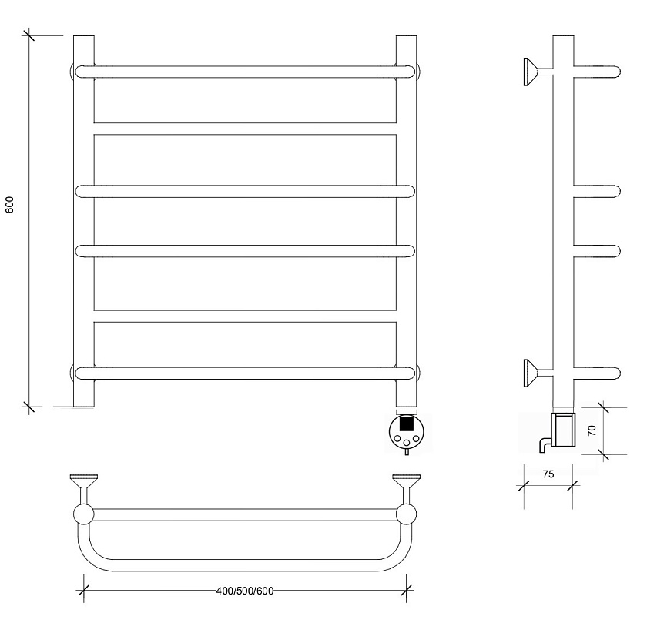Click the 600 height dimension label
9,205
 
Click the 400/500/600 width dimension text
245,591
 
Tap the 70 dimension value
592,430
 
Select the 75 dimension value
548,474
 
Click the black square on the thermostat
407,424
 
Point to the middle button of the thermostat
407,443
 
